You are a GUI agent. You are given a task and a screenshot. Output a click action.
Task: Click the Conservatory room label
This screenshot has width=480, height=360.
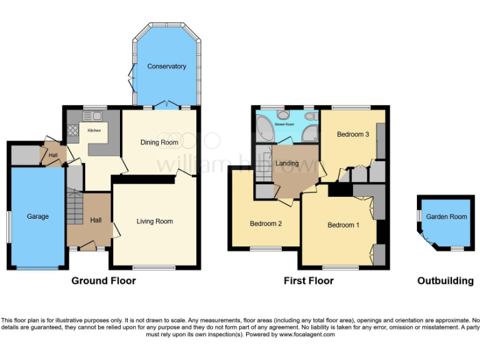click(166, 66)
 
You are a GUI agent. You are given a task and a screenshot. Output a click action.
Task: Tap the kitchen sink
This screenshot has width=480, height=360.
click(96, 115)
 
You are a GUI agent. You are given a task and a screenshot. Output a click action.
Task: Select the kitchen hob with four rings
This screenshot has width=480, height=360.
click(72, 131)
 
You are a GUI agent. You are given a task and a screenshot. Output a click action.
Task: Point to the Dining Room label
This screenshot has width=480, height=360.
click(159, 142)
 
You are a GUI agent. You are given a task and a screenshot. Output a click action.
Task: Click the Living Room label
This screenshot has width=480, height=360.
click(155, 221)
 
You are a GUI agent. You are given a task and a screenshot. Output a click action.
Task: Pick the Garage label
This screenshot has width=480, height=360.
click(37, 216)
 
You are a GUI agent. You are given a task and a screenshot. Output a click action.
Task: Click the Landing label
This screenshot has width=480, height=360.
click(287, 164)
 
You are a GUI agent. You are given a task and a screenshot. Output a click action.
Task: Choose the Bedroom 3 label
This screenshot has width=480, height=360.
click(353, 134)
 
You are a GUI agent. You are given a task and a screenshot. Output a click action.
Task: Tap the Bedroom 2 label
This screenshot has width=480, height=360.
click(266, 224)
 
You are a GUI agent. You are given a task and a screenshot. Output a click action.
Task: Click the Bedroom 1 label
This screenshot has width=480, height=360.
click(343, 225)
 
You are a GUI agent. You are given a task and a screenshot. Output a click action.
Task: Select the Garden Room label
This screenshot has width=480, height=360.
click(446, 217)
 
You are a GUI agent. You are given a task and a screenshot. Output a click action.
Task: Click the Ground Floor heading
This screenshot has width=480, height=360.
click(104, 281)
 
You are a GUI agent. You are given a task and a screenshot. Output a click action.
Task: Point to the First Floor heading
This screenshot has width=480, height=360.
click(309, 281)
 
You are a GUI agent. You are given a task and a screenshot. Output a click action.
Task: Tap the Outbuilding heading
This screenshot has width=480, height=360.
click(445, 281)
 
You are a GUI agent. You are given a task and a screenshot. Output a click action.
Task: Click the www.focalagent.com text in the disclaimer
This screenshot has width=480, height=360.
click(306, 334)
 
